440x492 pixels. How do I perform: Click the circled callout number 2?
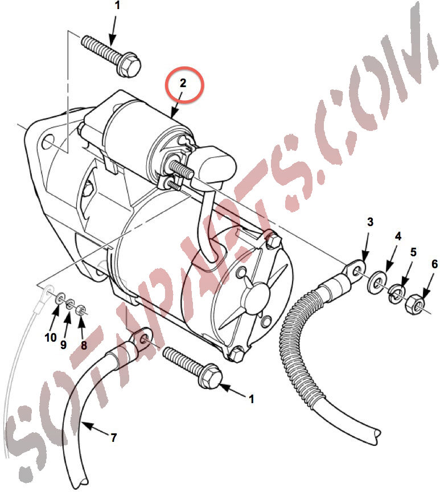point(183,83)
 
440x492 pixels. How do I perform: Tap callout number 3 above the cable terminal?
point(370,222)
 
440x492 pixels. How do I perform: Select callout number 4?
point(398,236)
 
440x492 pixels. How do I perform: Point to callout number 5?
point(413,252)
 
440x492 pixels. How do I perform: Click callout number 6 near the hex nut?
point(434,264)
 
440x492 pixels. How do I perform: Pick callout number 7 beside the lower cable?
point(113,437)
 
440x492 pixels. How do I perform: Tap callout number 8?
point(84,345)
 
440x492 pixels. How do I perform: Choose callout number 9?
point(63,345)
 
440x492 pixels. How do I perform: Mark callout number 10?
point(50,338)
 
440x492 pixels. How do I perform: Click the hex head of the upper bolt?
point(129,67)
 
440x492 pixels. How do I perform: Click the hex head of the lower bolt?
point(211,378)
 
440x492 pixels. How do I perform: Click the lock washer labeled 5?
point(397,294)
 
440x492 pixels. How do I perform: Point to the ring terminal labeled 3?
point(355,270)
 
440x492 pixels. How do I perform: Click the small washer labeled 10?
point(60,298)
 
